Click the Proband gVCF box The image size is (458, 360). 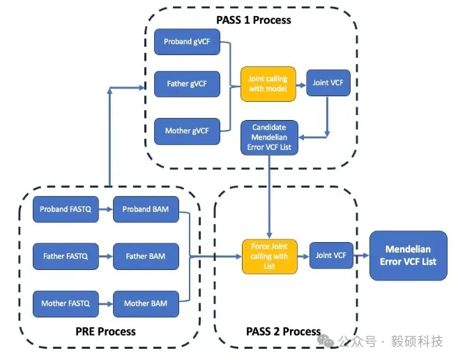click(x=187, y=42)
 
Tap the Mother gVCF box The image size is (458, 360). click(x=187, y=130)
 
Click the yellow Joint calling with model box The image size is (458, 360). click(x=268, y=84)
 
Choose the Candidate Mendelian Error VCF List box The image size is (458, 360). click(x=270, y=139)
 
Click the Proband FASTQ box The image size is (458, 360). click(x=63, y=209)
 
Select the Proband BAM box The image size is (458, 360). click(x=145, y=209)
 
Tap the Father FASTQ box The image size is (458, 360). click(x=63, y=256)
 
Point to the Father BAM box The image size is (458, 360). click(x=145, y=256)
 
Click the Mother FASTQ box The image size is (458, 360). click(x=63, y=303)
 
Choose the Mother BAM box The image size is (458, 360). click(x=145, y=303)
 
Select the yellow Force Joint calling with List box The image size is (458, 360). click(x=269, y=256)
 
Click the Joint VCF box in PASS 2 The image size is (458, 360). click(x=330, y=255)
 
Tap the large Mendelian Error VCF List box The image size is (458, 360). click(x=408, y=255)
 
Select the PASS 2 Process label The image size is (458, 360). click(x=283, y=331)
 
